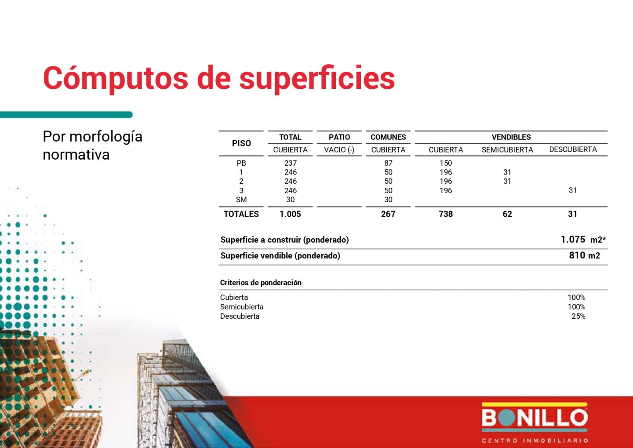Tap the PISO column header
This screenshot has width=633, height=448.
click(241, 143)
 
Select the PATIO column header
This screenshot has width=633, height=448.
click(339, 137)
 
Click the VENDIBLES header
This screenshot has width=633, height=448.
click(511, 137)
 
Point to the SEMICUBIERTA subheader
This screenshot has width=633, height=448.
click(507, 149)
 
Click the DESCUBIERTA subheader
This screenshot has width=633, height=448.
click(573, 149)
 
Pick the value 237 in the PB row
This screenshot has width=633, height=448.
click(290, 163)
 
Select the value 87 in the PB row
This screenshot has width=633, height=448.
click(388, 163)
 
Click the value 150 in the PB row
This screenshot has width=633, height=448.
click(446, 163)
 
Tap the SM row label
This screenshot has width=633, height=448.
click(241, 200)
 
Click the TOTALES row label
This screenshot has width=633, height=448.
click(241, 214)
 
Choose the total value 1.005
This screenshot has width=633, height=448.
click(290, 214)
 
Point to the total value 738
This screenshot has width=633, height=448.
click(446, 214)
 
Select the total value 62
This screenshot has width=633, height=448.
click(507, 214)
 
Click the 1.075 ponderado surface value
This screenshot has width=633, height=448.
click(573, 240)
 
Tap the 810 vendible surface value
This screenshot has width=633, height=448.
click(577, 255)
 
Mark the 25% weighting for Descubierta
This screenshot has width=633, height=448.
click(578, 316)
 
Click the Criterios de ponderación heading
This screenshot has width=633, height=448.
click(261, 283)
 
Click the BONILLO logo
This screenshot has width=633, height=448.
click(535, 422)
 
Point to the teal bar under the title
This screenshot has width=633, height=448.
click(66, 115)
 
